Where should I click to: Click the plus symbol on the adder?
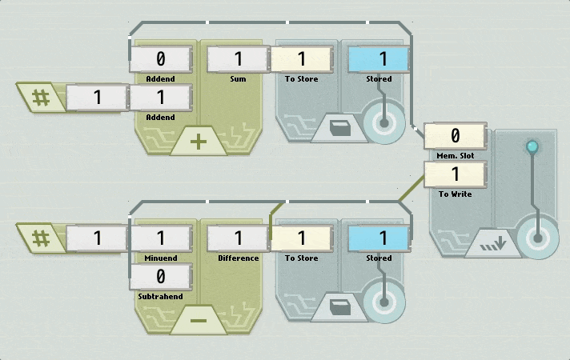(198, 142)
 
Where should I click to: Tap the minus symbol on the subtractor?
(198, 321)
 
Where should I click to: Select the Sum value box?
(238, 59)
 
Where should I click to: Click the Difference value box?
(238, 238)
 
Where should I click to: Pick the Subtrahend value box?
(161, 277)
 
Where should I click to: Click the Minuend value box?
(161, 238)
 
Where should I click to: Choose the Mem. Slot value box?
(456, 135)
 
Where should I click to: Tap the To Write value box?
(456, 174)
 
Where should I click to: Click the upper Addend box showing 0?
(161, 59)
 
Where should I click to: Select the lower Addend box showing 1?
(161, 98)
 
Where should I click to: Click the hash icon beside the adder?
(41, 98)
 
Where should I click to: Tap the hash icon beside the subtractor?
(41, 238)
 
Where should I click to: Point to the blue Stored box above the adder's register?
(379, 59)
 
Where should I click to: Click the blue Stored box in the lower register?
(379, 238)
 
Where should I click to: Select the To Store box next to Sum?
(301, 59)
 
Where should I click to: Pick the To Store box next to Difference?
(301, 238)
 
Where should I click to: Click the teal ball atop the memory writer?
(532, 146)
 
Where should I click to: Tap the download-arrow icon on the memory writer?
(493, 243)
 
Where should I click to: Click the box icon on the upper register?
(340, 128)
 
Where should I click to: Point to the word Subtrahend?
(160, 297)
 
